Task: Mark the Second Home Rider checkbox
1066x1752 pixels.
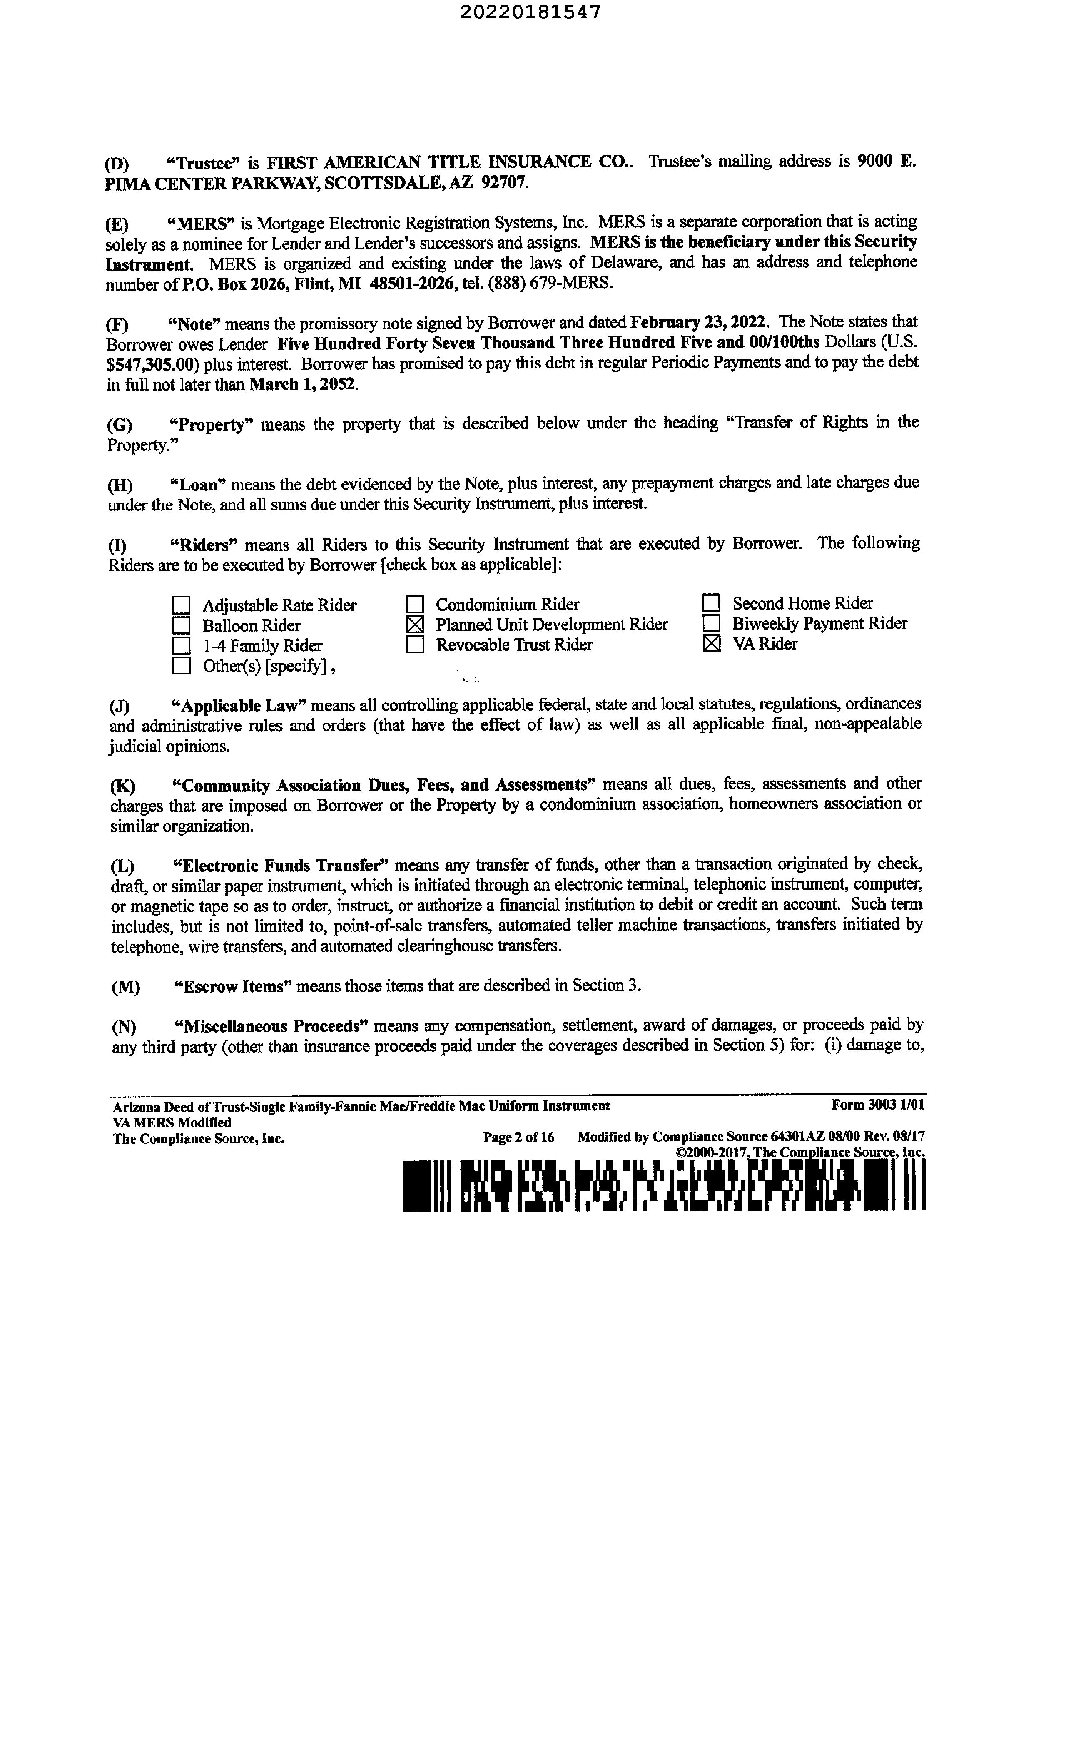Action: [711, 604]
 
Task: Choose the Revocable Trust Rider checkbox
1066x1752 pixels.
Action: [415, 645]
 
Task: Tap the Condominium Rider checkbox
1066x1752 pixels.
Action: [415, 605]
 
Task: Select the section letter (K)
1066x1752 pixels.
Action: [122, 786]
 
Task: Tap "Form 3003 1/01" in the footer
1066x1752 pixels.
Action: [877, 1105]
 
